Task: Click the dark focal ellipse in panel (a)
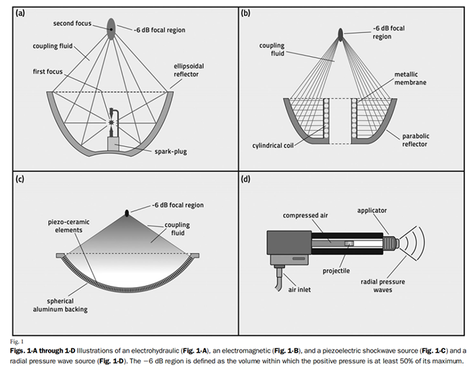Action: pos(111,25)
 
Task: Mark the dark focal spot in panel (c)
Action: pos(126,214)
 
